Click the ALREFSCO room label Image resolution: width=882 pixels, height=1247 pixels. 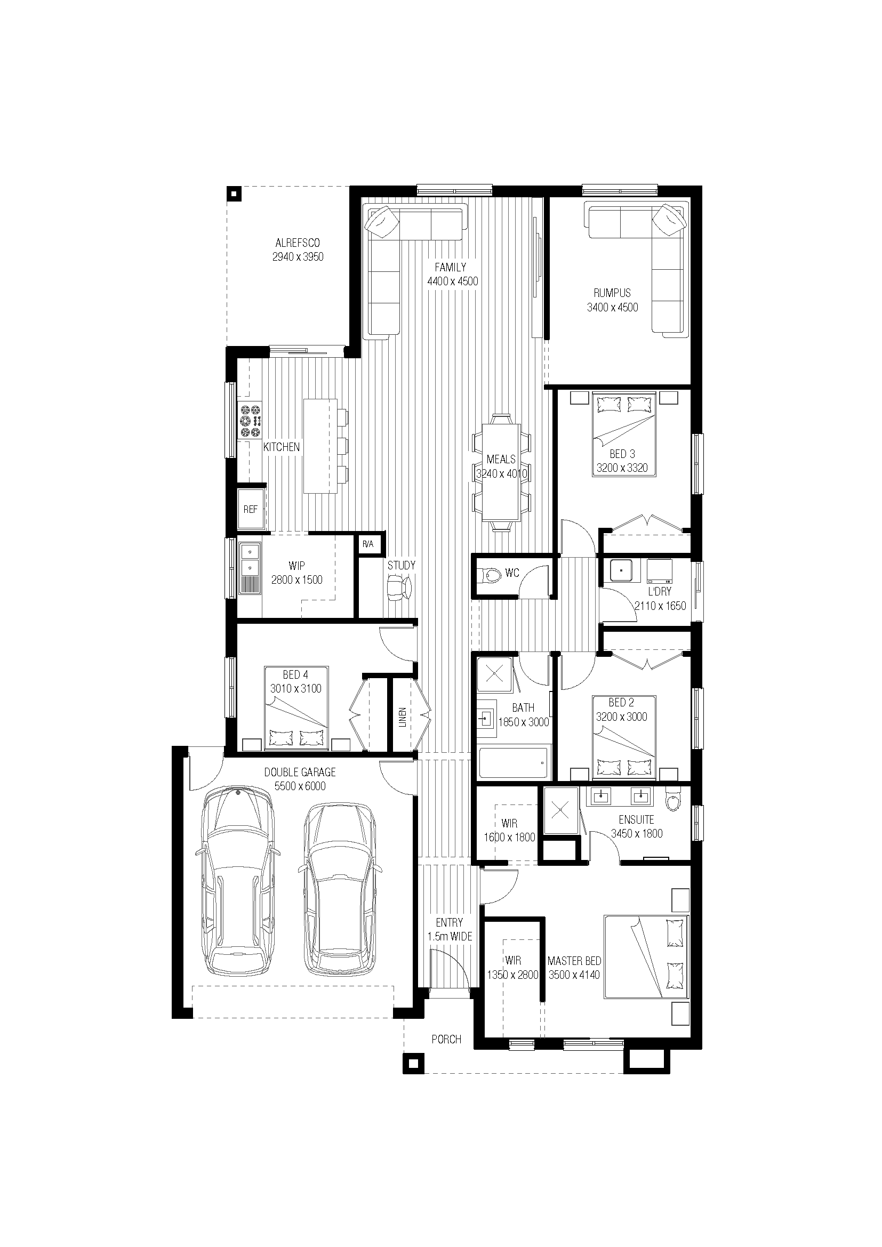point(298,243)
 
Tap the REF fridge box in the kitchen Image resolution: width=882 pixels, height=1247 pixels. point(251,509)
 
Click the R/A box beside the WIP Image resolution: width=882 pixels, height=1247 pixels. point(368,544)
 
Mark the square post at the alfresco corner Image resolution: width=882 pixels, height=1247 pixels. point(234,194)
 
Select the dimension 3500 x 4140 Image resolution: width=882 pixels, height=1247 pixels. point(574,975)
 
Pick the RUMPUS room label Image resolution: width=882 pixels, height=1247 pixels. point(612,293)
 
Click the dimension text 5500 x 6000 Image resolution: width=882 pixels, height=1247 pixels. point(300,786)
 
